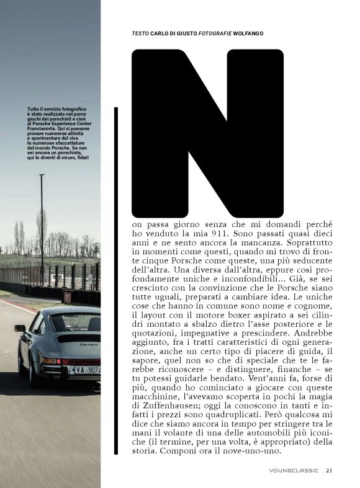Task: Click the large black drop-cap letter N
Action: (x=207, y=133)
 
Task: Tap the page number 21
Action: (x=329, y=471)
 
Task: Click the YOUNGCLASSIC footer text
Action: (x=294, y=471)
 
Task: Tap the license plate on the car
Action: (x=87, y=370)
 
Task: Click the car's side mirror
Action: (x=20, y=328)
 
